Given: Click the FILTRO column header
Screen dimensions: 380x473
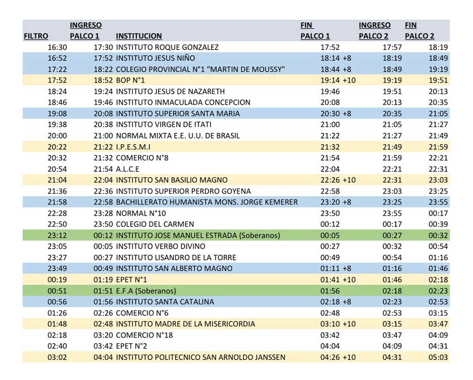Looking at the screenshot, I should [x=35, y=36].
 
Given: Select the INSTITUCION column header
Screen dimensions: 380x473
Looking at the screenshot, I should [x=139, y=36].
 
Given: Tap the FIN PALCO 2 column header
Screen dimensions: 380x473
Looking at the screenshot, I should [x=420, y=31].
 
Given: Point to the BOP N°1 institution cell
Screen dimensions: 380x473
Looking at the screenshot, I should [x=130, y=80].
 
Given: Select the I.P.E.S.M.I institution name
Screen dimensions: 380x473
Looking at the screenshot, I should [x=133, y=147].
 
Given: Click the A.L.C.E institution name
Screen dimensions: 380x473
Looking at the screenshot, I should [x=128, y=169].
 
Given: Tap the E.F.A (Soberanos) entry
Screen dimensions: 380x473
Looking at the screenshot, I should [x=146, y=291].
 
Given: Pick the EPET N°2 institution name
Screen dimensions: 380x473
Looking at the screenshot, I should [x=131, y=346].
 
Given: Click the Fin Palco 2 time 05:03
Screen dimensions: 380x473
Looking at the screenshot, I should [x=438, y=357].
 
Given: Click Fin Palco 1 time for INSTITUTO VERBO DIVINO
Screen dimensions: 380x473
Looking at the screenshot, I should [x=330, y=246].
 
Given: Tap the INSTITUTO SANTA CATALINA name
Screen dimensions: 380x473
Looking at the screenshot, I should [x=165, y=302].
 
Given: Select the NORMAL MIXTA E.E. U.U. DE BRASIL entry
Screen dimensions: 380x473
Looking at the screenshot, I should [x=178, y=136].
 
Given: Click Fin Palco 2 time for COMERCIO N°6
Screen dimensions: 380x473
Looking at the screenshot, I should [x=438, y=313].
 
